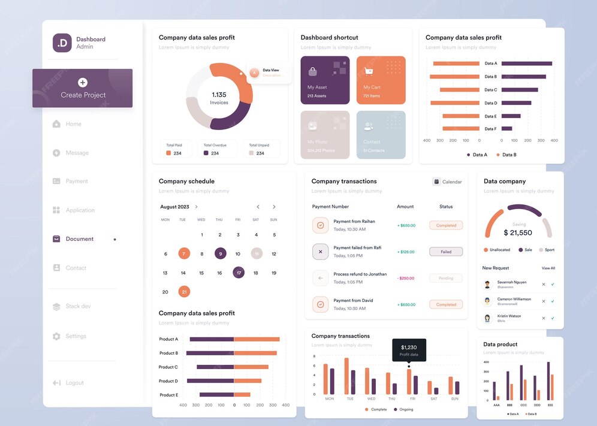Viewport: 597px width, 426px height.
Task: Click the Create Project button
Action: click(83, 88)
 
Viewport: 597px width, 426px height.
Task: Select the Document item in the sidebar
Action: click(79, 239)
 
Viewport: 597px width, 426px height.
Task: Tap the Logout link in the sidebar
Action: click(74, 383)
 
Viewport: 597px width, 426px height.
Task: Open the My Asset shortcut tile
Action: click(325, 80)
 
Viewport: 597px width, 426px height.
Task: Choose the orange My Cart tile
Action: click(381, 80)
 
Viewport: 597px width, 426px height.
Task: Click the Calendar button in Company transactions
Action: click(447, 182)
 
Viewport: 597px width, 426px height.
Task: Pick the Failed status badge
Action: click(446, 252)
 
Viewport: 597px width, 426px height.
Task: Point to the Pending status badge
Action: click(446, 278)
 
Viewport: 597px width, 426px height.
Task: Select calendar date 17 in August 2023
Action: click(239, 273)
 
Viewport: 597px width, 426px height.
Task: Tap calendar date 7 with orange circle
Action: click(184, 253)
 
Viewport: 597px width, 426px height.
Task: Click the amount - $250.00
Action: click(406, 278)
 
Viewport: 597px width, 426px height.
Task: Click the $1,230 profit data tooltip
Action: click(409, 350)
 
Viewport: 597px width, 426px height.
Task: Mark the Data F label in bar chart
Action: click(490, 129)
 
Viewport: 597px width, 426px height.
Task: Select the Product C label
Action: click(168, 367)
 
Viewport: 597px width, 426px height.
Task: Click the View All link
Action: click(548, 268)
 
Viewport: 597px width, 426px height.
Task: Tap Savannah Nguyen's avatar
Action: click(488, 284)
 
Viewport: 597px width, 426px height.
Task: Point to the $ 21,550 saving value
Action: click(517, 232)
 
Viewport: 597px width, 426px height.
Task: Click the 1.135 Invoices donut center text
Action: click(219, 98)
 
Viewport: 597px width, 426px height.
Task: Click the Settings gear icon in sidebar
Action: click(56, 336)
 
